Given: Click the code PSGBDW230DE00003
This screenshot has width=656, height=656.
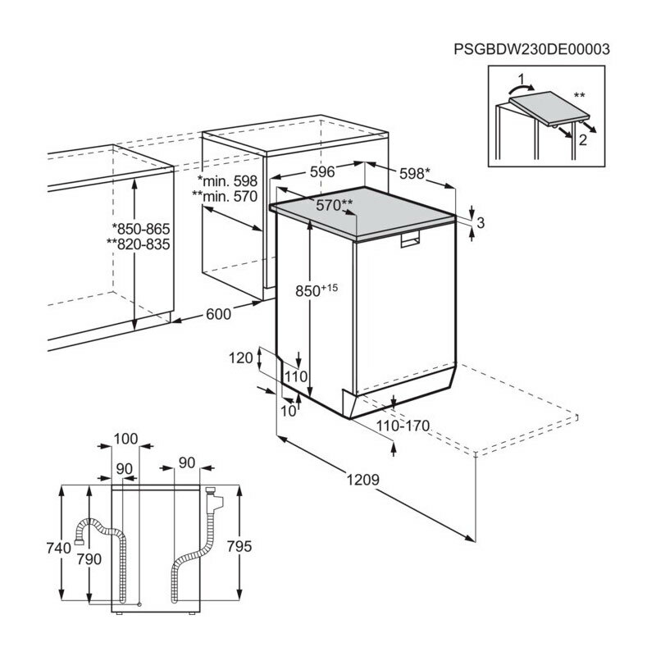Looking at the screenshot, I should click(531, 49).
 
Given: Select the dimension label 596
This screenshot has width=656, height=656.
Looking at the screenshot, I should click(323, 172).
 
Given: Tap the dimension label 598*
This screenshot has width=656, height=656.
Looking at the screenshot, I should click(412, 173).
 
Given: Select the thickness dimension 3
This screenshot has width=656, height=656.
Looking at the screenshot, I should click(481, 222).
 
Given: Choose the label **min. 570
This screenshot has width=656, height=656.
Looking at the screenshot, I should click(224, 196).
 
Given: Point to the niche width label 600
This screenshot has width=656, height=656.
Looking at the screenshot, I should click(218, 313).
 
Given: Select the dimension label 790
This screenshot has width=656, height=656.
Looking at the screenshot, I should click(88, 559).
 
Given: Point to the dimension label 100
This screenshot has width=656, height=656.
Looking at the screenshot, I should click(125, 440).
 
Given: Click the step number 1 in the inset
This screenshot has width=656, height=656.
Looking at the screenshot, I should click(518, 80).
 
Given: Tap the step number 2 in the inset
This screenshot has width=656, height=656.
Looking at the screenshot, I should click(583, 140).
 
